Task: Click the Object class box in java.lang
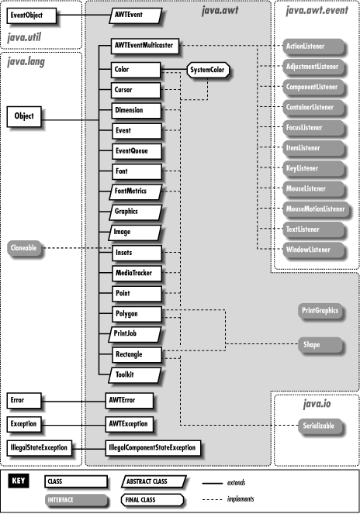click(27, 117)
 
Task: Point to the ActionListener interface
click(303, 47)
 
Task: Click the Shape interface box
click(311, 343)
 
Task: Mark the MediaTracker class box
click(131, 274)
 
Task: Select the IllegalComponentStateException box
click(152, 447)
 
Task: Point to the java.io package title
click(317, 403)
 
